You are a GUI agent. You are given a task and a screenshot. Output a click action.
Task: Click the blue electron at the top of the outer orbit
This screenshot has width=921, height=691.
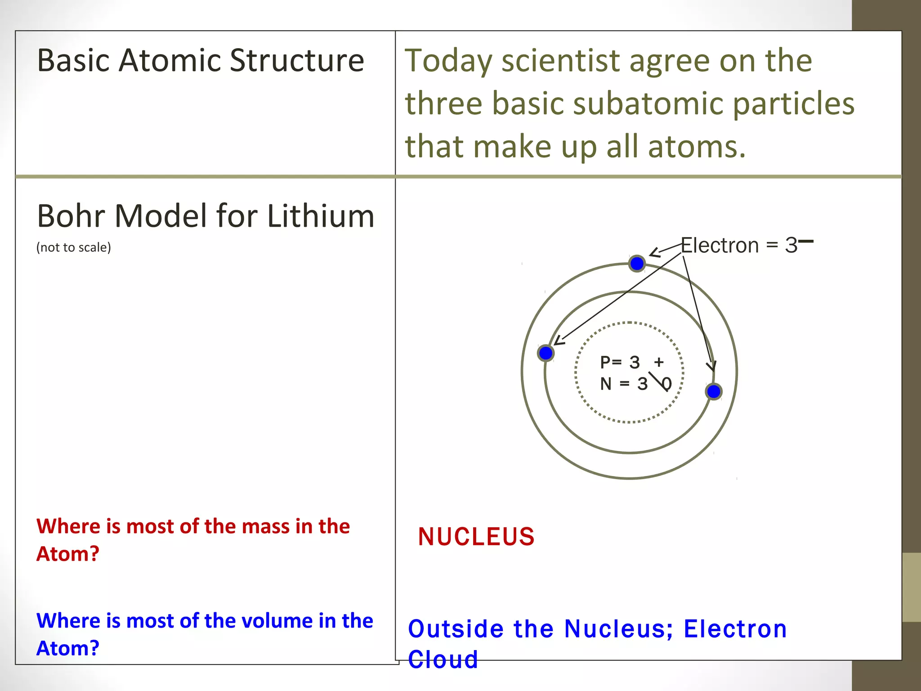(637, 264)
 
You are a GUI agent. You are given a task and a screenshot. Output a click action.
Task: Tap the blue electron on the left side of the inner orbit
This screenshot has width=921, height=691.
(545, 353)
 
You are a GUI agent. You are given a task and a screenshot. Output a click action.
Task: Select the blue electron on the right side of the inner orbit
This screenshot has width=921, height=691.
(714, 391)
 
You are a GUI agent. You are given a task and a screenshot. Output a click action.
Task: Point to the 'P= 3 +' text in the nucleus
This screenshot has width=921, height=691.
(631, 362)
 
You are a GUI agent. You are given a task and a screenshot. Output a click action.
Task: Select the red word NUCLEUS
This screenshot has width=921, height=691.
(476, 537)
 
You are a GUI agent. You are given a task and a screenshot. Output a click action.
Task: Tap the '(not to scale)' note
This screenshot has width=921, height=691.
(74, 247)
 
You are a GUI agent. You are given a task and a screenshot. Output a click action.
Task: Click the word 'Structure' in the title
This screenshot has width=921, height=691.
(297, 60)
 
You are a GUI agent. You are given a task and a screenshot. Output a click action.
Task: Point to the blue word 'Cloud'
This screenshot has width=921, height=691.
(443, 660)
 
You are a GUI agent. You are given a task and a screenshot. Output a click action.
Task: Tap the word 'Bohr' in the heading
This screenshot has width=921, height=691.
(71, 216)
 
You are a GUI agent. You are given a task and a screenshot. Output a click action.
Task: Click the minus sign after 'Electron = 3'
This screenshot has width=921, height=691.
(806, 242)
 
